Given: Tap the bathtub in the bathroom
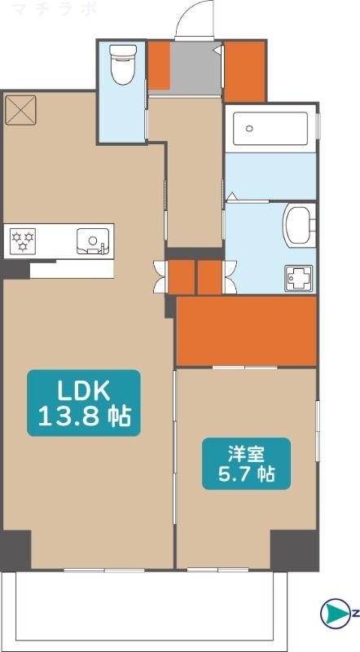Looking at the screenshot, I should click(270, 128).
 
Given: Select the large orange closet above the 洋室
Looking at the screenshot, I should click(246, 331).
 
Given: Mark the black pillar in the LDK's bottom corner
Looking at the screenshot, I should click(15, 548).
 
